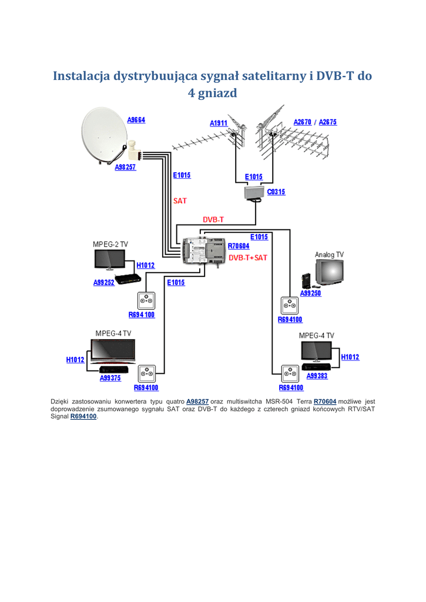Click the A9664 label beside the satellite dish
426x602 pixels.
point(136,120)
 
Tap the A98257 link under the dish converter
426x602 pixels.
point(126,167)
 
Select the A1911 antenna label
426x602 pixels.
point(219,123)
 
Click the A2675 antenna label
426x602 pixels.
point(328,122)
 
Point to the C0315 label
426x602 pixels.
point(276,192)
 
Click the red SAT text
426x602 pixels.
point(180,201)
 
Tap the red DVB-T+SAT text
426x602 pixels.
point(248,257)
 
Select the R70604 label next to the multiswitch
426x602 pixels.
point(239,246)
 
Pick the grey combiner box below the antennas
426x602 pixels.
point(254,192)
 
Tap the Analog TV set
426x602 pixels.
point(329,272)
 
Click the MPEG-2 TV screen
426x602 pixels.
point(110,259)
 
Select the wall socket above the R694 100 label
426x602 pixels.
point(146,300)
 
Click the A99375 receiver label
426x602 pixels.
point(110,378)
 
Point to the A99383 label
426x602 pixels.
point(317,376)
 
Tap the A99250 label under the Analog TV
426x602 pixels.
point(310,293)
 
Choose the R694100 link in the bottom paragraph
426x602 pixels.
point(83,416)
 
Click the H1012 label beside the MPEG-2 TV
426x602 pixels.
point(146,265)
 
